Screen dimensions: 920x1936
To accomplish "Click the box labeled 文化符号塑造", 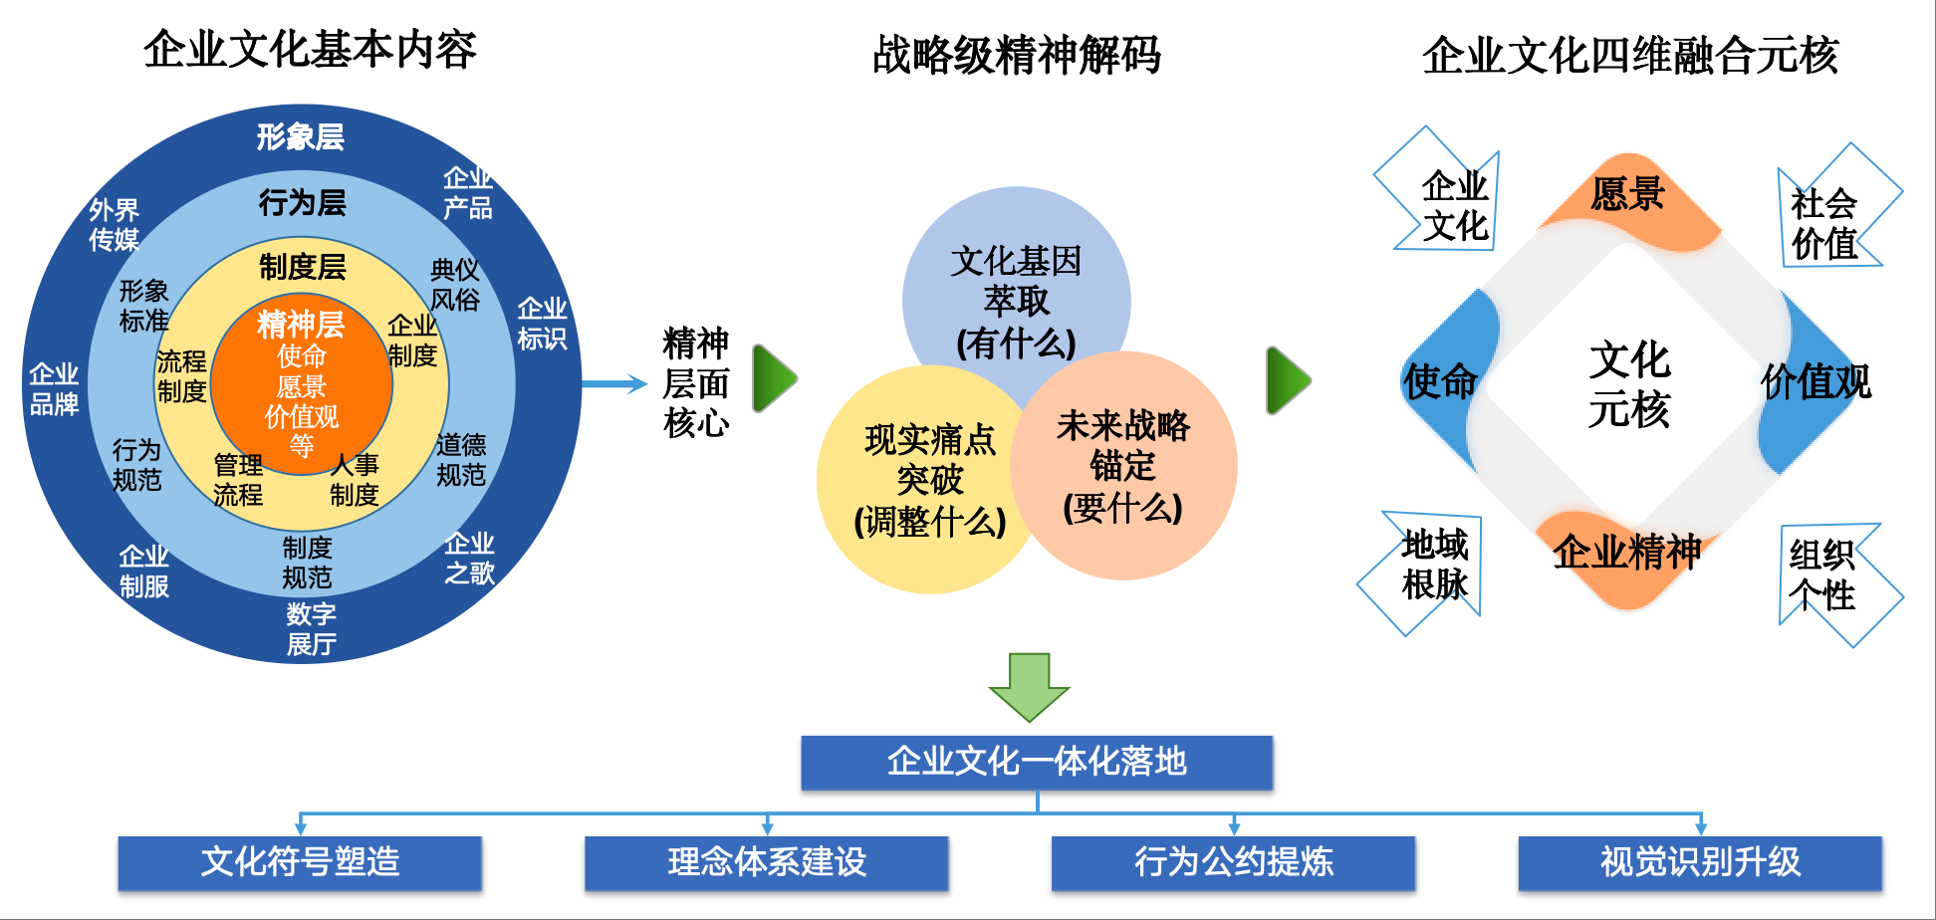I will pyautogui.click(x=300, y=862).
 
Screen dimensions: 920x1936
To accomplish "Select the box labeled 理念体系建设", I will pyautogui.click(x=767, y=862).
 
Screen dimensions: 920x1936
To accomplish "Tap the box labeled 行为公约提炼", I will pyautogui.click(x=1233, y=862).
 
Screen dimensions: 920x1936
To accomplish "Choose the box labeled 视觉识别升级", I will pyautogui.click(x=1700, y=862).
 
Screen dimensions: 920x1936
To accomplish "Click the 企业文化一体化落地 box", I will pyautogui.click(x=1037, y=763).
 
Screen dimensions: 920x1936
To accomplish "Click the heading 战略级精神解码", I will pyautogui.click(x=1016, y=55).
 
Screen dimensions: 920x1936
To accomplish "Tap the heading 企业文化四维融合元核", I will pyautogui.click(x=1629, y=55).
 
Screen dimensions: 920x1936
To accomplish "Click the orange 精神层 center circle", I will pyautogui.click(x=302, y=384).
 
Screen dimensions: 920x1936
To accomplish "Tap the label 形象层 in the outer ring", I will pyautogui.click(x=300, y=137).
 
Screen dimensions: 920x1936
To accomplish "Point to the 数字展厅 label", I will pyautogui.click(x=311, y=629).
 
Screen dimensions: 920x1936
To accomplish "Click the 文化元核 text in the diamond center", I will pyautogui.click(x=1628, y=384).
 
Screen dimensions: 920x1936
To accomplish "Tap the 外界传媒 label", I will pyautogui.click(x=114, y=225).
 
